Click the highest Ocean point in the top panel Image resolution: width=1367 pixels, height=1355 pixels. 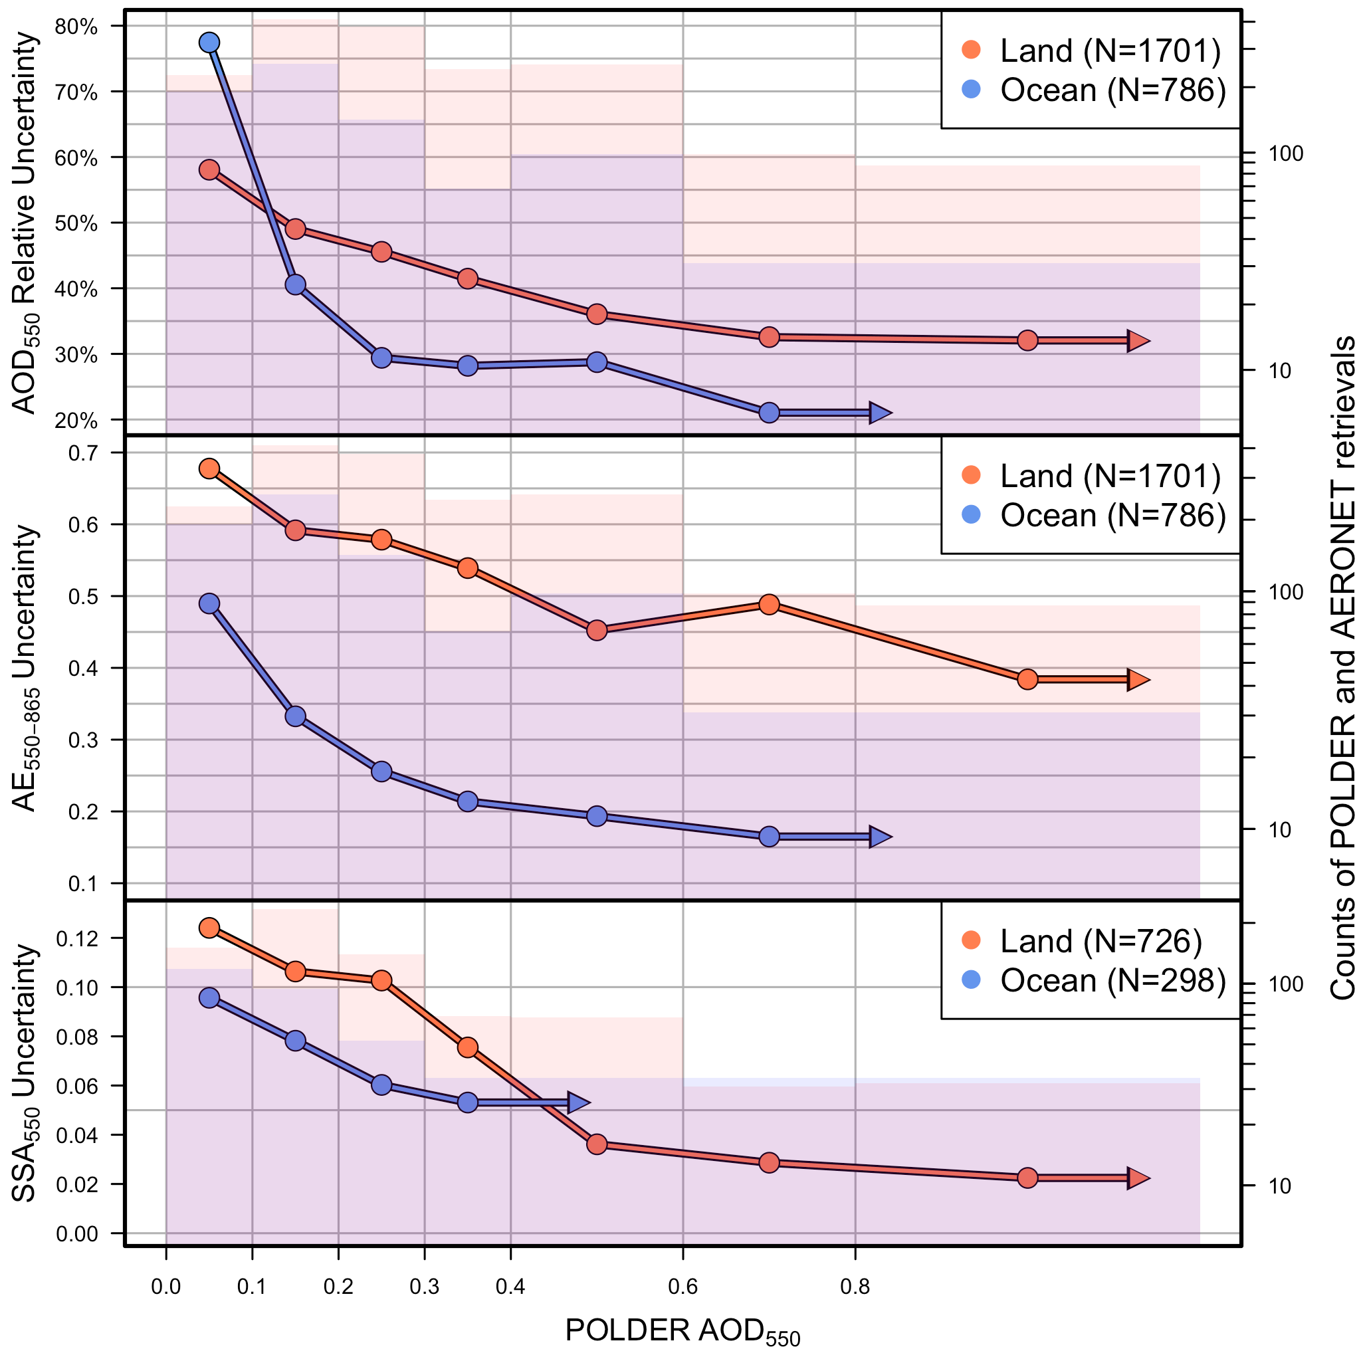[209, 43]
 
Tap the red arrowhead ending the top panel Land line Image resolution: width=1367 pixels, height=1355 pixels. [1138, 340]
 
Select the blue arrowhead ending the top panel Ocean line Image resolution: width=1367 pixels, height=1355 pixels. [879, 413]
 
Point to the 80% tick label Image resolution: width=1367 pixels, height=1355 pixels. [76, 27]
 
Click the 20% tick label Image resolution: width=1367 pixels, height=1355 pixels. [76, 421]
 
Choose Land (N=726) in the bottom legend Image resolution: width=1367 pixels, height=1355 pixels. [1101, 941]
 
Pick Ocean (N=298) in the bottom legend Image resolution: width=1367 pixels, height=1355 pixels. [1112, 981]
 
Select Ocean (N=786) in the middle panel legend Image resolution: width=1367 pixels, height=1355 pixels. [1112, 515]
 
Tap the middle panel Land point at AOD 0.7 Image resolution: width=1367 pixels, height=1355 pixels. [769, 604]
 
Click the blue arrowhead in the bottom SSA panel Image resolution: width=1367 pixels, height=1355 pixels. [578, 1102]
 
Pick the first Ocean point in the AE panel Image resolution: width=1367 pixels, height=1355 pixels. [209, 603]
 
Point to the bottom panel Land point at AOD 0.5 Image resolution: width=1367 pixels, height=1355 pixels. [597, 1144]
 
